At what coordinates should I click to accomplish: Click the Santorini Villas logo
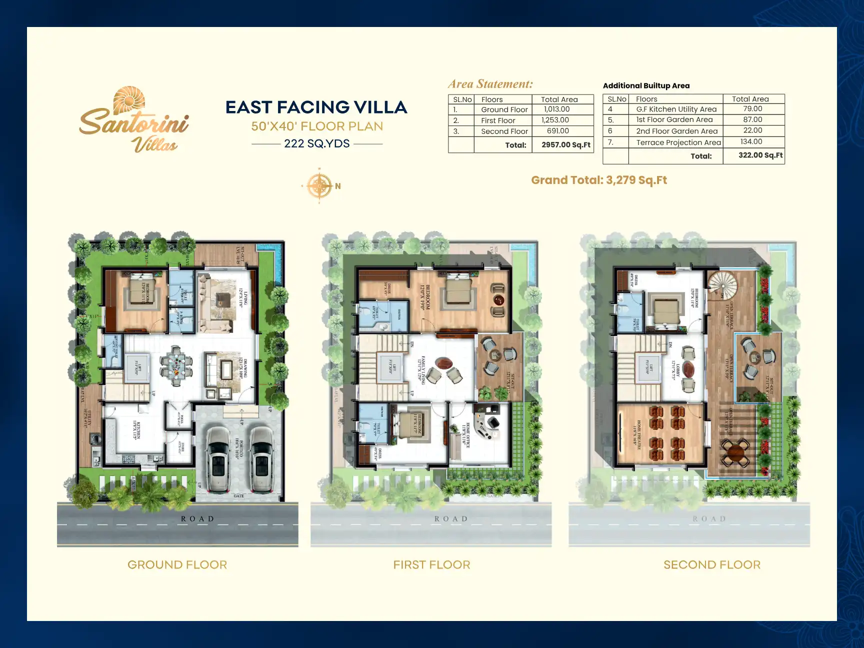(x=134, y=120)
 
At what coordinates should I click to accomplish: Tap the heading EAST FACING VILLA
(x=316, y=107)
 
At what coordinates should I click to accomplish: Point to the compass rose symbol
(x=319, y=186)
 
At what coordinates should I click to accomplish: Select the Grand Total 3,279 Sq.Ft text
(x=598, y=180)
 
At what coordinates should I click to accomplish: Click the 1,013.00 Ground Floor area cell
(x=556, y=109)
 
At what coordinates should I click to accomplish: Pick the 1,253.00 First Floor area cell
(x=555, y=120)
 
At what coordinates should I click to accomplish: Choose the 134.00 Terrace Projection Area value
(x=751, y=142)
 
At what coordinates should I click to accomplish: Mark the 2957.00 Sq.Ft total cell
(x=565, y=145)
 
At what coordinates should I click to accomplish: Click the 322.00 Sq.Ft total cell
(x=760, y=155)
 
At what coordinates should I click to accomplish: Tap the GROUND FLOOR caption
(x=177, y=565)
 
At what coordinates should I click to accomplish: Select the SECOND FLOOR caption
(x=711, y=565)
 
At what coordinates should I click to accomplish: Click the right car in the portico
(x=261, y=459)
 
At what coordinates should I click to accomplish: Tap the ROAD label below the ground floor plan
(x=197, y=519)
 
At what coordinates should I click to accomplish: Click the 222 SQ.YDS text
(x=316, y=144)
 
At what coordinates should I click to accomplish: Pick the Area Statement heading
(x=490, y=84)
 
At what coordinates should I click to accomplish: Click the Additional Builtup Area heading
(x=646, y=86)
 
